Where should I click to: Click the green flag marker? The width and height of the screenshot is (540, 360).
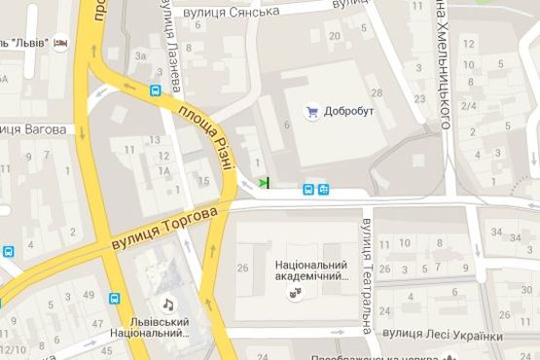[265, 182]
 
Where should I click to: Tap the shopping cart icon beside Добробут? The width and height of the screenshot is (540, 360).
[312, 111]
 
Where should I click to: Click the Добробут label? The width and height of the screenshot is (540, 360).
[351, 111]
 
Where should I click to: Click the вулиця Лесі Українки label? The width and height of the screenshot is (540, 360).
[443, 335]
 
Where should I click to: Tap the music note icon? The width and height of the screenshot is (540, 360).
[167, 303]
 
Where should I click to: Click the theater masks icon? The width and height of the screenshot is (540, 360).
[294, 293]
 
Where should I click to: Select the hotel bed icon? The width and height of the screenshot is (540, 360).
[61, 44]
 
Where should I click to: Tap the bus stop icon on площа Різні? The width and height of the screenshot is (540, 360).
[156, 91]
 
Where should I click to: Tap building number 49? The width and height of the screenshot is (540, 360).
[89, 296]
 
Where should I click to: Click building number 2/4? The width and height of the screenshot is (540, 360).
[469, 106]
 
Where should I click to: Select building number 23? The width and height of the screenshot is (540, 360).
[420, 99]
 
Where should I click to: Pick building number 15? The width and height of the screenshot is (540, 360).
[203, 181]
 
